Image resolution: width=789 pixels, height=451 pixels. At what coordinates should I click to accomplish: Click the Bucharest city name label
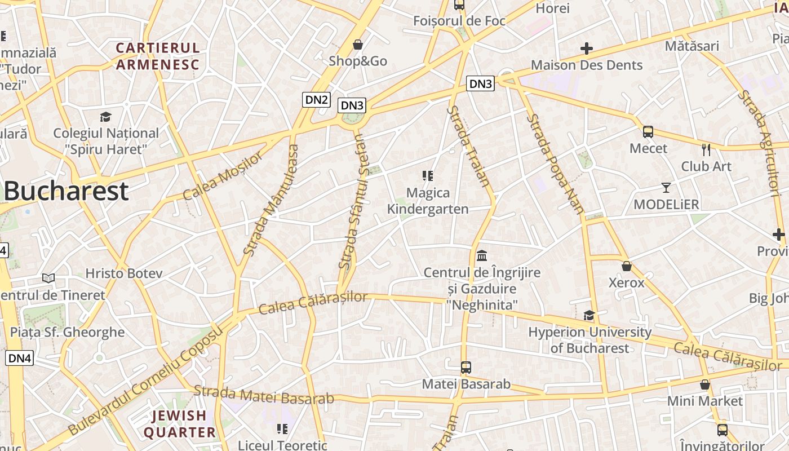tap(66, 192)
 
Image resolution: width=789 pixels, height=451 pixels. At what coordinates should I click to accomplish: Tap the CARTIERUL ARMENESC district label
tap(158, 56)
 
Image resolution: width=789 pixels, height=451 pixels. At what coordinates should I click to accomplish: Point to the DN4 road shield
tap(20, 357)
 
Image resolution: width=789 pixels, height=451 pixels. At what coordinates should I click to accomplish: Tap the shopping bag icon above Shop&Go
tap(358, 45)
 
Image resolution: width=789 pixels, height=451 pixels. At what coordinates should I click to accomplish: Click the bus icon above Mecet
tap(648, 132)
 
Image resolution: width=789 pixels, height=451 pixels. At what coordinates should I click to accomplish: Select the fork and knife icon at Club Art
tap(706, 150)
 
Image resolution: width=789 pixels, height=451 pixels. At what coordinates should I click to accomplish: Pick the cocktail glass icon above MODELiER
tap(666, 188)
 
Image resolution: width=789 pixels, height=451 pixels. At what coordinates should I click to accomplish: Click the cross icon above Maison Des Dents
tap(587, 48)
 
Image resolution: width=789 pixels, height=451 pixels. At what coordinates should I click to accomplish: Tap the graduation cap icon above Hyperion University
tap(589, 316)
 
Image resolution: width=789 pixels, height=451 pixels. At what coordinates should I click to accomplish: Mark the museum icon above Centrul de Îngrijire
tap(482, 256)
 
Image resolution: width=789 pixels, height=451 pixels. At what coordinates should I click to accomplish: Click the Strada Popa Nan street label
tap(555, 164)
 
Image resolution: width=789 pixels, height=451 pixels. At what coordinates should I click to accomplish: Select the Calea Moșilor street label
tap(223, 176)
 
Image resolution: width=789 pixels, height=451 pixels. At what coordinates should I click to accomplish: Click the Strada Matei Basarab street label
tap(264, 394)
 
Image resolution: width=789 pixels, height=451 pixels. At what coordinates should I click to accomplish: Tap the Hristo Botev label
tap(124, 273)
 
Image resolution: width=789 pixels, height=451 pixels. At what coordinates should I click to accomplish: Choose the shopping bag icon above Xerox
tap(626, 266)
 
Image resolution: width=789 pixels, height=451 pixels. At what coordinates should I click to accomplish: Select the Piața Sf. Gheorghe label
tap(68, 332)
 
